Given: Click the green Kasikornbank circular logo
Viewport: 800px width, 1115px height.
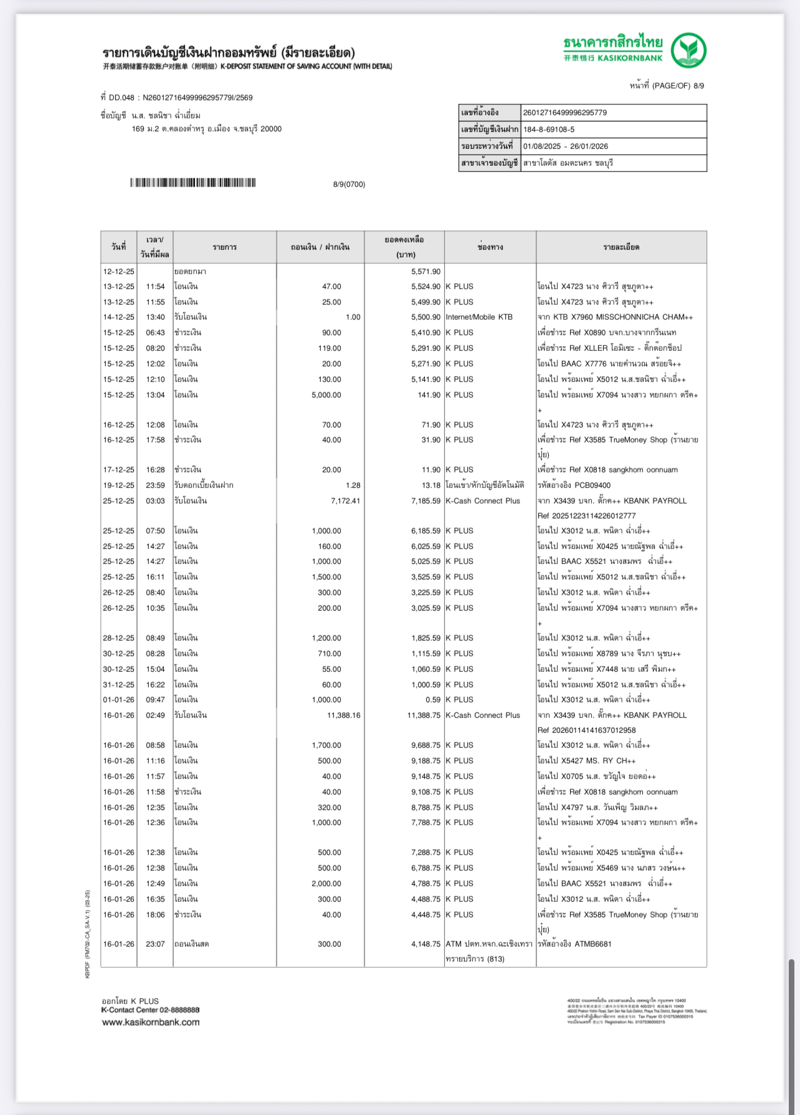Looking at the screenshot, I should point(688,50).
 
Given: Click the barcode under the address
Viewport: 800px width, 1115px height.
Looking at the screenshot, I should point(193,183).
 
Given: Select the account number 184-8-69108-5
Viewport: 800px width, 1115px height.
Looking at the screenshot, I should point(549,130).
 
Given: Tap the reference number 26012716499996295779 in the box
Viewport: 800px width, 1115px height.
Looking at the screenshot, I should point(564,113).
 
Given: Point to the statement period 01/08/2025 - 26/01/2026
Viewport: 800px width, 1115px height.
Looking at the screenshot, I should point(565,146).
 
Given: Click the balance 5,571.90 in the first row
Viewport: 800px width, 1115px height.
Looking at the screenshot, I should point(426,272).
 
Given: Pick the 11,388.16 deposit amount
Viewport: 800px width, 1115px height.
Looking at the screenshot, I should point(343,715).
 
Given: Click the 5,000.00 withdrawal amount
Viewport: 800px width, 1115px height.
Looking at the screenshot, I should point(326,395).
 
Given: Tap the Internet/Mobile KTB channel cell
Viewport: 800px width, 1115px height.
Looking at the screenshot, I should point(479,317).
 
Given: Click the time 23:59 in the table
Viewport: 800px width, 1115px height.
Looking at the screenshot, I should point(155,485).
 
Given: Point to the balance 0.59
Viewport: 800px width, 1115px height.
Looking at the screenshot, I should point(433,699).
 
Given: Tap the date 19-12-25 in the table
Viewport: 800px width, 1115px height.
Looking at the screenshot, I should point(118,485).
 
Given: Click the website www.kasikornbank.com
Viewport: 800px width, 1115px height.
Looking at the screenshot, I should point(151,1022).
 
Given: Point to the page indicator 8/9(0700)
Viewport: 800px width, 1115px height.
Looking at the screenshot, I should point(349,184).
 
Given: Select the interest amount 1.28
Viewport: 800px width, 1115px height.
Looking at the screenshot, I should point(352,485).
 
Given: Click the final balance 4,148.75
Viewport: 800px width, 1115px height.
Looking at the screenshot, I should point(426,944).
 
